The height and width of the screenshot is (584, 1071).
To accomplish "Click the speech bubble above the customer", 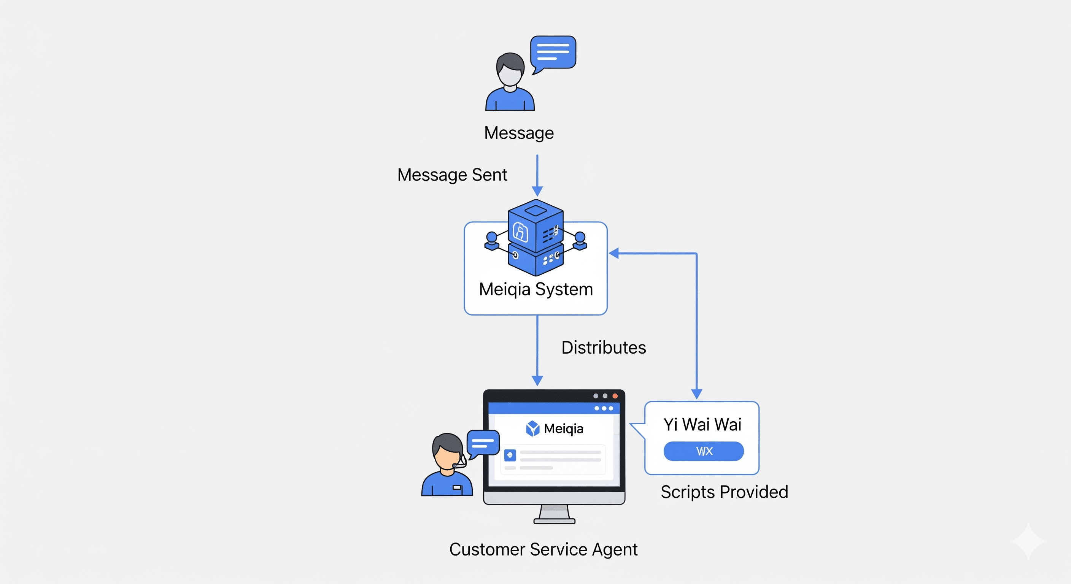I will point(553,52).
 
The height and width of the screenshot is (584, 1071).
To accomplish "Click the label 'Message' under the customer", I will point(519,133).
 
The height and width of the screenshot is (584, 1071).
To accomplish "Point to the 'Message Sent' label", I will point(452,175).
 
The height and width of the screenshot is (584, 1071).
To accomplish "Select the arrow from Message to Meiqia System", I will point(537,175).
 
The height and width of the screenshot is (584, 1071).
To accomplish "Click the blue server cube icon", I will point(535,237).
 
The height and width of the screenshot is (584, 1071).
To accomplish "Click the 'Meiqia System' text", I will point(535,289).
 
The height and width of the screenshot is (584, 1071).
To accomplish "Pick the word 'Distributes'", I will point(603,348).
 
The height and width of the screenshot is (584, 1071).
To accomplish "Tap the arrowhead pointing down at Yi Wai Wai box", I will point(697,394).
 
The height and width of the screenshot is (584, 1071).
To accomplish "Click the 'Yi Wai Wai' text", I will point(702,424).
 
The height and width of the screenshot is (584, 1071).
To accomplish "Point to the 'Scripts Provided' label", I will point(724,492).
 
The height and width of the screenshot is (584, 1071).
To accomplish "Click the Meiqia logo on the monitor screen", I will point(532,428).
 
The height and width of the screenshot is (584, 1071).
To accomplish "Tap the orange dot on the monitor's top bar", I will point(615,396).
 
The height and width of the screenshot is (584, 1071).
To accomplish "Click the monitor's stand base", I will point(554,521).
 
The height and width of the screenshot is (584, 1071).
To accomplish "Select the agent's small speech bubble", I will point(483,443).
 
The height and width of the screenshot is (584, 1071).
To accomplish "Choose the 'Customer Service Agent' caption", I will point(543,549).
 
